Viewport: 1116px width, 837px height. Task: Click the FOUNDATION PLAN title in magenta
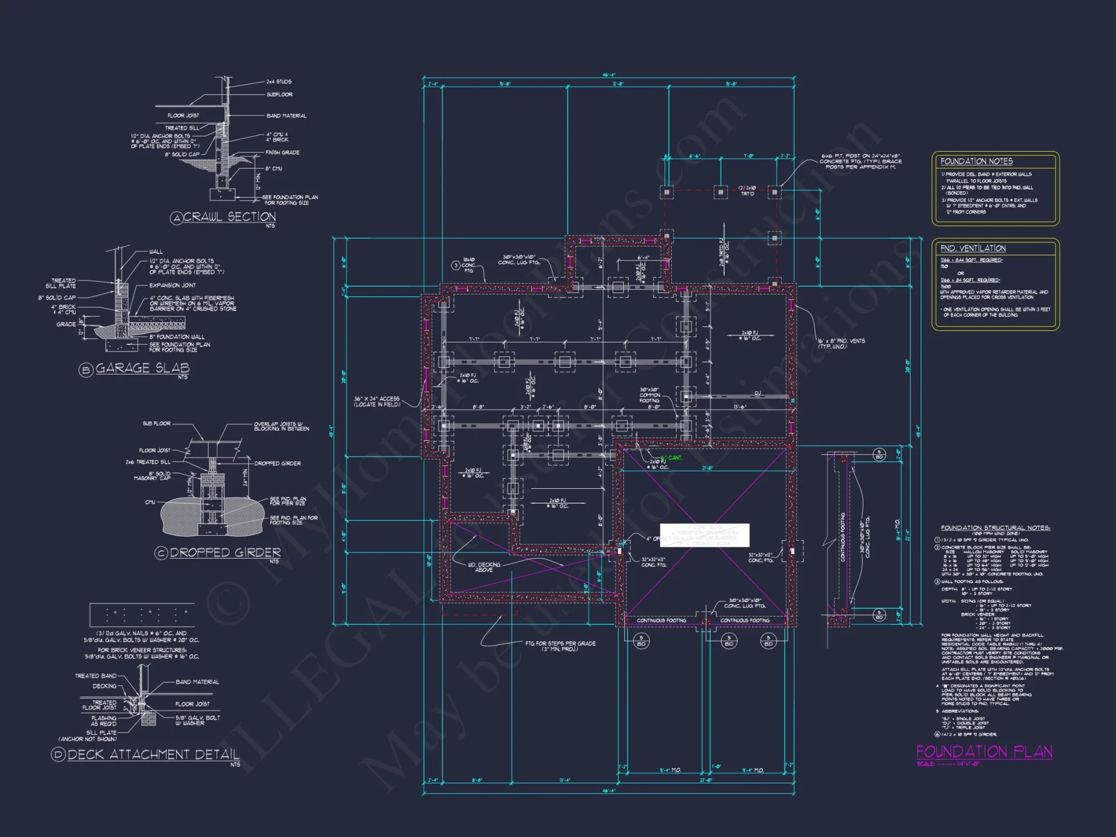coord(984,752)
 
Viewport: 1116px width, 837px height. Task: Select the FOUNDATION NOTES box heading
coord(976,161)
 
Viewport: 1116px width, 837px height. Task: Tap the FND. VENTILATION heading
coord(973,248)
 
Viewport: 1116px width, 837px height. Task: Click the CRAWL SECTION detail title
coord(229,217)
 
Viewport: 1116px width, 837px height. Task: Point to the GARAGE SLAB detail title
coord(142,368)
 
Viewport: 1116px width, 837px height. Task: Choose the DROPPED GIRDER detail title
coord(225,552)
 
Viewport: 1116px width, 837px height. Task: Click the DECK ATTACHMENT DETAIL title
coord(153,754)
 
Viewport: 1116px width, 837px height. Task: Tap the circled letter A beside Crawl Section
coord(176,218)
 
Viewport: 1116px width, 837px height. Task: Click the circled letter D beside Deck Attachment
coord(58,755)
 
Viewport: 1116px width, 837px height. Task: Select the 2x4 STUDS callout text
coord(278,81)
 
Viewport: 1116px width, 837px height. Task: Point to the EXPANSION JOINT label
coord(172,285)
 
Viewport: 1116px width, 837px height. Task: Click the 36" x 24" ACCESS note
coord(377,401)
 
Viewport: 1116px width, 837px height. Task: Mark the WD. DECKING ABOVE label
coord(484,567)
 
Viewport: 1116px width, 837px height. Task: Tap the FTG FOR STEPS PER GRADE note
coord(560,646)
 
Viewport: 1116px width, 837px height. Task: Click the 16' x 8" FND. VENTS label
coord(841,344)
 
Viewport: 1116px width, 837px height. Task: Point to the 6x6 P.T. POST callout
coord(860,161)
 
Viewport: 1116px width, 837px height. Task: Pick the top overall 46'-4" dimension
coord(608,75)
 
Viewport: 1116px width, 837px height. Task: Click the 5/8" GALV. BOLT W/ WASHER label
coord(198,720)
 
